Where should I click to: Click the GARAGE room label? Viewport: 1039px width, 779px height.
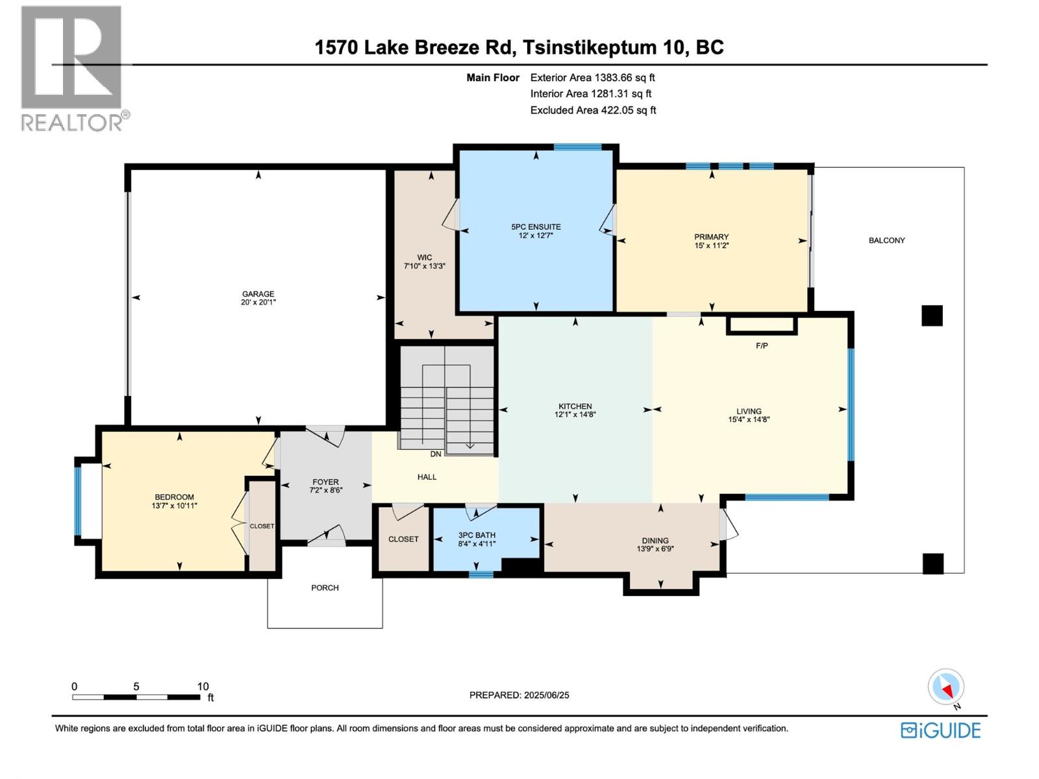tap(258, 293)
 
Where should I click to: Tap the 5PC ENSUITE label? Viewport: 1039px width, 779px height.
tap(536, 227)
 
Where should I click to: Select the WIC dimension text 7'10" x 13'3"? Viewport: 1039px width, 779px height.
tap(424, 266)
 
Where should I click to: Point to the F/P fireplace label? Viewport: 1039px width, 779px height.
tap(762, 345)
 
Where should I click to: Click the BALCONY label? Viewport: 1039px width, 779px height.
tap(886, 240)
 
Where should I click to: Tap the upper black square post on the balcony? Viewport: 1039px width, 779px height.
tap(932, 315)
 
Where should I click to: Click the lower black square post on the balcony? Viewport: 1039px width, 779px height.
tap(933, 563)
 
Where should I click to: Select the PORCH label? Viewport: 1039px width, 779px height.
tap(325, 587)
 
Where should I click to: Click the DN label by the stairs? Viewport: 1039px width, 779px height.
tap(435, 454)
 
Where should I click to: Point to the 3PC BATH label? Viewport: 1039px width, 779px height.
tap(477, 535)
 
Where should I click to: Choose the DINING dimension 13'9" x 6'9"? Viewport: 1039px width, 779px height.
tap(655, 549)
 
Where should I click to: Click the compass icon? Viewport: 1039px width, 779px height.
tap(946, 687)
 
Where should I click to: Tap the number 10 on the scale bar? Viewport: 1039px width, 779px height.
tap(203, 686)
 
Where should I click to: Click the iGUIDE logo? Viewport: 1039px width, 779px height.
tap(940, 730)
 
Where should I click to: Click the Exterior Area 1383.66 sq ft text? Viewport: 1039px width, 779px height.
tap(592, 77)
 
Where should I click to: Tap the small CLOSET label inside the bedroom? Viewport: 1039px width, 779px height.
tap(262, 526)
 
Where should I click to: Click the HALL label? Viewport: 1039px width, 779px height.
tap(427, 476)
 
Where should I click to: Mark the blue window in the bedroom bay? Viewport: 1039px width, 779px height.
tap(78, 501)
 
